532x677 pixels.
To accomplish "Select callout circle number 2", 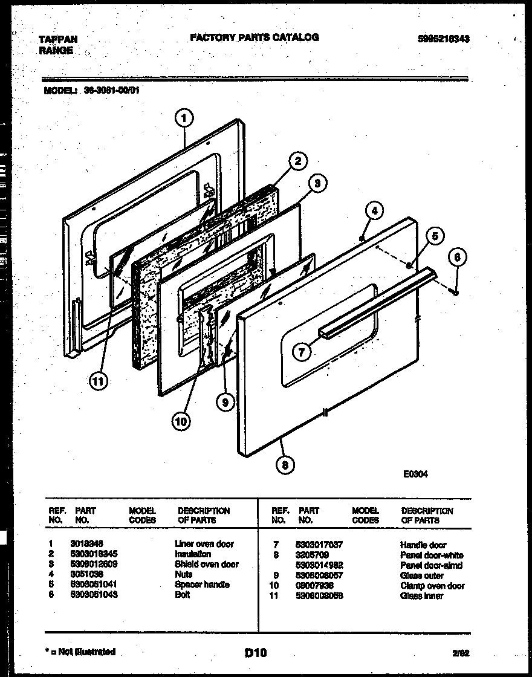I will [297, 161].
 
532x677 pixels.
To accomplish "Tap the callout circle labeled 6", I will [457, 258].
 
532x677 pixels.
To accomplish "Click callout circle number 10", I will [180, 421].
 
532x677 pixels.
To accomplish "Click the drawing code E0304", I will [415, 475].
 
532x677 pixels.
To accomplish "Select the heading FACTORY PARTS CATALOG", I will [255, 37].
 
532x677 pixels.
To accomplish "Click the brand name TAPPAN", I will [58, 39].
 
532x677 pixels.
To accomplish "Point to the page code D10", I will [255, 652].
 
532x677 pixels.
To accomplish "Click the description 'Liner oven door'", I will [204, 544].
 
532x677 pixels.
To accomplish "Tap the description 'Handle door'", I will [423, 545].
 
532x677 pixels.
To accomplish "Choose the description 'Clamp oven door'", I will [432, 586].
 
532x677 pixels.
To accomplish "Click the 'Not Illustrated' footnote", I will [80, 652].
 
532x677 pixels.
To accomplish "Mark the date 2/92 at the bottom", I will [461, 653].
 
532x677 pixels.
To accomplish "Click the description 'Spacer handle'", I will [202, 585].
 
